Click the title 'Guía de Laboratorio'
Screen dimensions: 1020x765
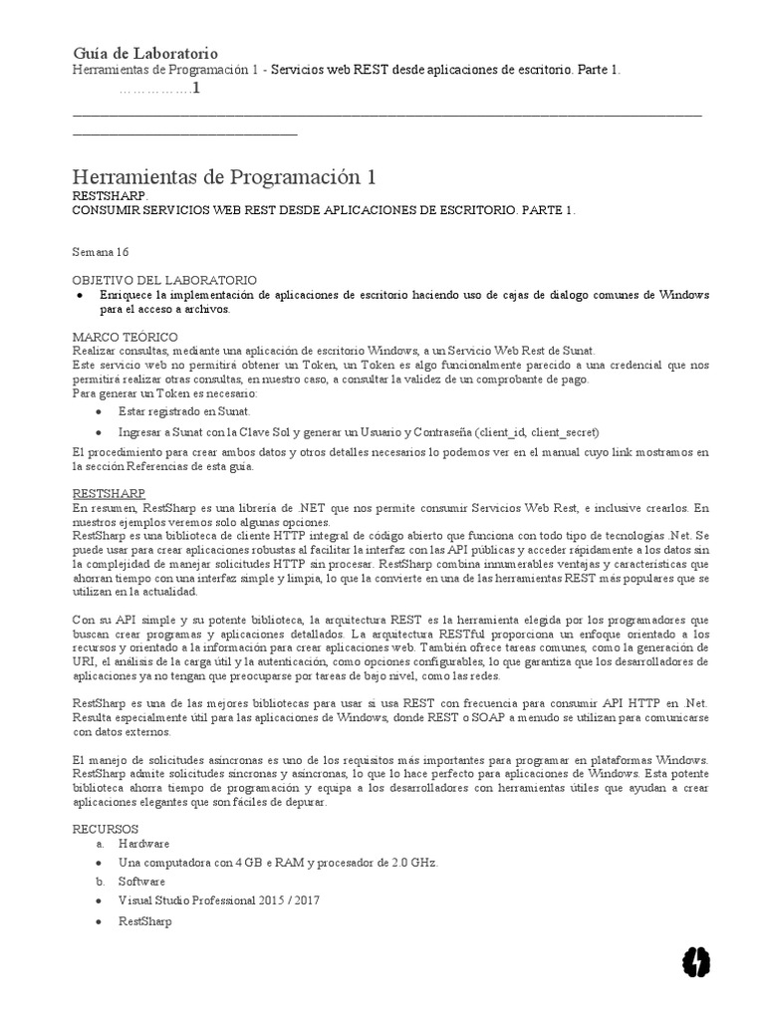pyautogui.click(x=145, y=53)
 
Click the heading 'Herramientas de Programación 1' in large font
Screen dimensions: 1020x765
pyautogui.click(x=225, y=177)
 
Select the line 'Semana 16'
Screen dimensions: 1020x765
pyautogui.click(x=102, y=252)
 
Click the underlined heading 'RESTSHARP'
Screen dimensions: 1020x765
pyautogui.click(x=110, y=493)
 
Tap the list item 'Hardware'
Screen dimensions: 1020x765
pyautogui.click(x=143, y=843)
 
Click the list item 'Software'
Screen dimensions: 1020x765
pyautogui.click(x=141, y=882)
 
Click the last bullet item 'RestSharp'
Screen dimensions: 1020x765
pyautogui.click(x=144, y=921)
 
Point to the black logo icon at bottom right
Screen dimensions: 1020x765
pyautogui.click(x=694, y=961)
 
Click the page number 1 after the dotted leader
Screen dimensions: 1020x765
pyautogui.click(x=196, y=89)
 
